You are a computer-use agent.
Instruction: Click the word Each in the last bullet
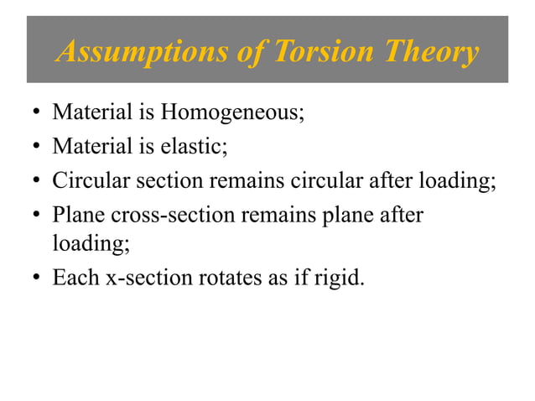pyautogui.click(x=73, y=277)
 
